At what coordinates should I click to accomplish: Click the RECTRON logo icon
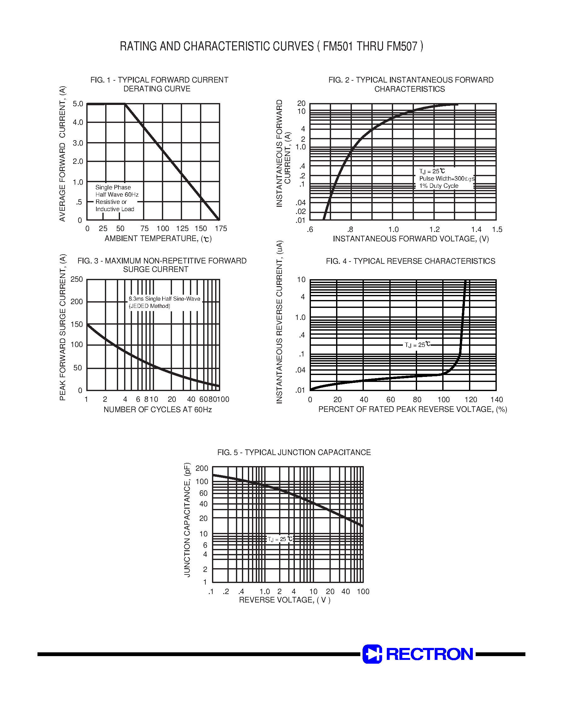(372, 654)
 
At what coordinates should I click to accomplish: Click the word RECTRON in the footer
(429, 654)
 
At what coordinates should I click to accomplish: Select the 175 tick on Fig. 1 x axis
(221, 229)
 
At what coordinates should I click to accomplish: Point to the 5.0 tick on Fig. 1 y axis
(78, 104)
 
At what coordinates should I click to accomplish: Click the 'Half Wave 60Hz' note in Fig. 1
(117, 194)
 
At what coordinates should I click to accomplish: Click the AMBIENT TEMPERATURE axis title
(158, 239)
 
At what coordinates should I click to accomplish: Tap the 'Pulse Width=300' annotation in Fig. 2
(446, 179)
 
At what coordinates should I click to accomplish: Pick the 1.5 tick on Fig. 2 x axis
(497, 230)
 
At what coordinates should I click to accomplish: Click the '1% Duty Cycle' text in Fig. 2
(438, 186)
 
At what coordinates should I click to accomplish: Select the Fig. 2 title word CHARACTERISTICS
(409, 89)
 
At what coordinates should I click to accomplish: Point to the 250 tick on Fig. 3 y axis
(77, 280)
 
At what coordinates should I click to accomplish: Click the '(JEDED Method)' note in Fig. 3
(149, 306)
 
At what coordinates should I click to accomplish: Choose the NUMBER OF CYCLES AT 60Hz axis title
(158, 410)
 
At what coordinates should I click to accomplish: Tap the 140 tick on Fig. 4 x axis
(496, 400)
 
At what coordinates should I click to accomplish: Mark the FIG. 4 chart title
(410, 261)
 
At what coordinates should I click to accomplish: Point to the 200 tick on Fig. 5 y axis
(202, 468)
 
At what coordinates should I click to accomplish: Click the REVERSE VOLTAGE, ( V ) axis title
(284, 600)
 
